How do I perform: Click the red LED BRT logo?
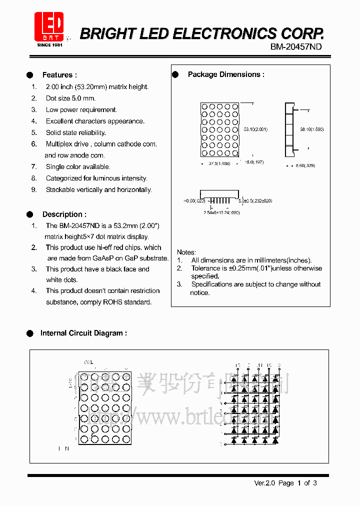(x=49, y=26)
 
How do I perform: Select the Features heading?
(x=59, y=75)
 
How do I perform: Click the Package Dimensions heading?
(x=226, y=74)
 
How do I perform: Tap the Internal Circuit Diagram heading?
(x=83, y=333)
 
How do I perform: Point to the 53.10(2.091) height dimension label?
(x=255, y=129)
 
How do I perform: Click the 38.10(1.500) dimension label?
(x=311, y=129)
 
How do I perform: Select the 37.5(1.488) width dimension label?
(x=219, y=163)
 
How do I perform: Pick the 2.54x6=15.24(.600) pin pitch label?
(x=221, y=212)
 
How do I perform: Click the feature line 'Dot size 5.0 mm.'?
(x=70, y=98)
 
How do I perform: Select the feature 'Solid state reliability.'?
(x=75, y=132)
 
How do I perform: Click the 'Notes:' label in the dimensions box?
(x=186, y=252)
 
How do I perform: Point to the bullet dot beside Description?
(x=30, y=214)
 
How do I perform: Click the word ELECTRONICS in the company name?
(x=223, y=33)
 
